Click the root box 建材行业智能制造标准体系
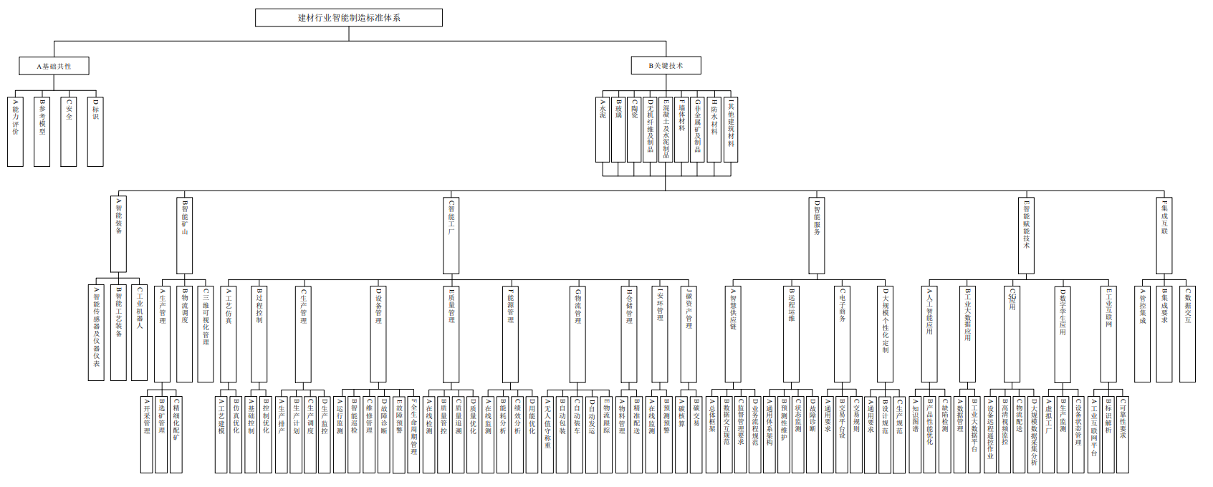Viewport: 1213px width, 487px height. (349, 18)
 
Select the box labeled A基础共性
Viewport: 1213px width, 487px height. (54, 67)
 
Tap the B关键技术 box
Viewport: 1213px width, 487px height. (666, 66)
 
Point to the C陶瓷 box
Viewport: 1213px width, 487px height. (634, 129)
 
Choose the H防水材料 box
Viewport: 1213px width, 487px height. (714, 129)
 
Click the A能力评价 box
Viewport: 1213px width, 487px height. (16, 132)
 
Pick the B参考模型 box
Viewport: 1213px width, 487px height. (42, 132)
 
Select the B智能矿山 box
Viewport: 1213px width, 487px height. (185, 234)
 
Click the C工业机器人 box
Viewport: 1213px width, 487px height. (140, 333)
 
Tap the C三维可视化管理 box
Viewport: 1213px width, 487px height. (206, 333)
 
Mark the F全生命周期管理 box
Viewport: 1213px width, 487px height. (413, 435)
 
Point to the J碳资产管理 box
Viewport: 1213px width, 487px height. (689, 333)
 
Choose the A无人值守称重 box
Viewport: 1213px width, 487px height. (548, 435)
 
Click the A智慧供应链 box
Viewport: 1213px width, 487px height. (733, 333)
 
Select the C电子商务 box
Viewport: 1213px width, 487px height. (843, 333)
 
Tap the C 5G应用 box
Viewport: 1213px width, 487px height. (1012, 333)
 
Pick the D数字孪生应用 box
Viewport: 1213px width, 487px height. (1063, 333)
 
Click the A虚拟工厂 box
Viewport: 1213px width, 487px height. (1048, 435)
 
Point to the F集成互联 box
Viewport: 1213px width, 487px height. (1164, 234)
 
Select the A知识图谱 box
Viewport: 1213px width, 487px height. (916, 435)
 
